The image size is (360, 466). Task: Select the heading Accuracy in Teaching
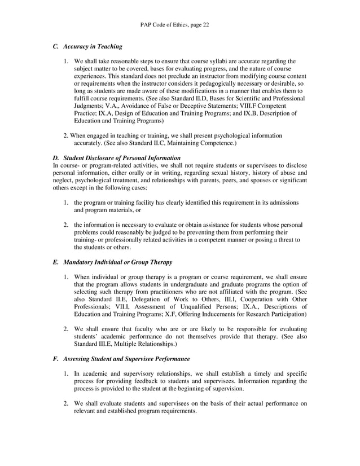93,46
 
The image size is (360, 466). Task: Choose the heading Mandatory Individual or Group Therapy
117,262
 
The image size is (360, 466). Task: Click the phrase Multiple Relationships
147,344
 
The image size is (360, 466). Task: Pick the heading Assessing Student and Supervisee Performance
126,359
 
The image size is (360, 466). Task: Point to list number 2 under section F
66,403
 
